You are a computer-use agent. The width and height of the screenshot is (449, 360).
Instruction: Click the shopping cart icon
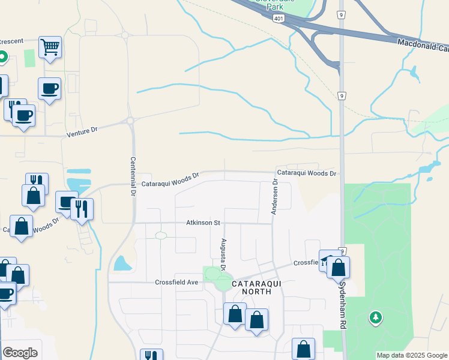50,47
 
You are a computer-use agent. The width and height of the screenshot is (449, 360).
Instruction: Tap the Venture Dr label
82,131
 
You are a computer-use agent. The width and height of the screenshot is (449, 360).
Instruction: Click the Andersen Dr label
274,196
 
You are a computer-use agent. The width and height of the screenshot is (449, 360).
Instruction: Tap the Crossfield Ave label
176,282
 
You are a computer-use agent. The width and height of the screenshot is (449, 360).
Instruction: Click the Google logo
20,353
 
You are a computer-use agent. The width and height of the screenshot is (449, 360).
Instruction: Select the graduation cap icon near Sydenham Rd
327,260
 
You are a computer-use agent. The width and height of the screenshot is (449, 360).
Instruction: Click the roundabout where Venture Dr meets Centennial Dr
130,121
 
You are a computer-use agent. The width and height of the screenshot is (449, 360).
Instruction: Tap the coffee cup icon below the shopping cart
50,89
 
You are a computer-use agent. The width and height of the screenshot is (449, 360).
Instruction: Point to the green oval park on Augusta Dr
212,274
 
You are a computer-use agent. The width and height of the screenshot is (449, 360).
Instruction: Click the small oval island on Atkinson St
161,236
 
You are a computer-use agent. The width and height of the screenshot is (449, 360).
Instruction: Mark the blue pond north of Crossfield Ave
122,263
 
